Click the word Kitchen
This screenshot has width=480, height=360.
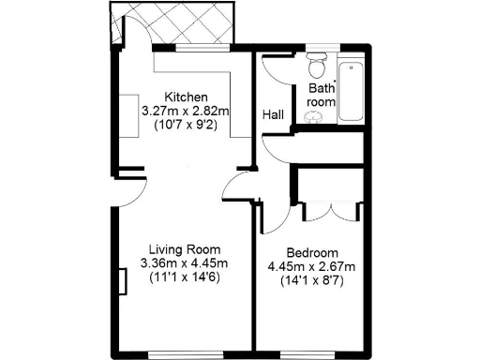186,97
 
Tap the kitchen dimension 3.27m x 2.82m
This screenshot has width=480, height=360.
186,111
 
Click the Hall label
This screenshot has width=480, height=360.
274,113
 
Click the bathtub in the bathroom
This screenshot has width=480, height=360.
352,91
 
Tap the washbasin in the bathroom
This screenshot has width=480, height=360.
313,116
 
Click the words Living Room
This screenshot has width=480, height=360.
179,249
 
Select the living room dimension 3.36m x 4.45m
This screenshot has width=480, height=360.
179,263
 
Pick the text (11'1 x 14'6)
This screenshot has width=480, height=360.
179,277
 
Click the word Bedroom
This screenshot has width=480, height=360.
312,253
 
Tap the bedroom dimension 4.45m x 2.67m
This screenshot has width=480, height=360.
312,267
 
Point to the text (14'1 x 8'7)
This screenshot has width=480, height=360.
312,280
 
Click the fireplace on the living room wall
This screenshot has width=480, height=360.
123,279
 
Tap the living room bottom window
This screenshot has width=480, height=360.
179,354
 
